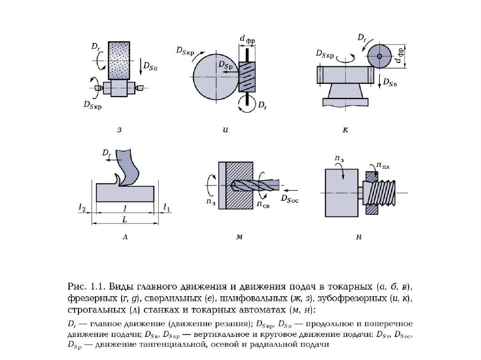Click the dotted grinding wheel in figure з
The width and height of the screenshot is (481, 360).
click(119, 61)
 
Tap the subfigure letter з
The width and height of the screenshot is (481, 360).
click(119, 130)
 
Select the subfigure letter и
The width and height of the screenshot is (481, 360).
click(225, 130)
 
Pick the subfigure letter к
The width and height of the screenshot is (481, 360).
click(345, 130)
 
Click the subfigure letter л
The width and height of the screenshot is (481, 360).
click(125, 237)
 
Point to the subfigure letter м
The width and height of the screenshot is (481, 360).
click(240, 237)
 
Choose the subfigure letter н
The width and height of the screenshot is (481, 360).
click(358, 237)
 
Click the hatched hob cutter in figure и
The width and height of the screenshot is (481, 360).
click(247, 77)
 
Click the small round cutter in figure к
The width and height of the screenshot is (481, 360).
click(380, 56)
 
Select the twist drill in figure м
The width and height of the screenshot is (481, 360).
click(255, 185)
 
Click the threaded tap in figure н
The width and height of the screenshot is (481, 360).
click(379, 193)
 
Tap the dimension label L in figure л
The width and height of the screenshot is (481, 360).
click(125, 219)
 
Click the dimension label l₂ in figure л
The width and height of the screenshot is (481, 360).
click(82, 208)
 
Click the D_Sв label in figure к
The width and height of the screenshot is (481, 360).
click(390, 83)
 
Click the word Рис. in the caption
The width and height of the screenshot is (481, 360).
click(77, 287)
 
